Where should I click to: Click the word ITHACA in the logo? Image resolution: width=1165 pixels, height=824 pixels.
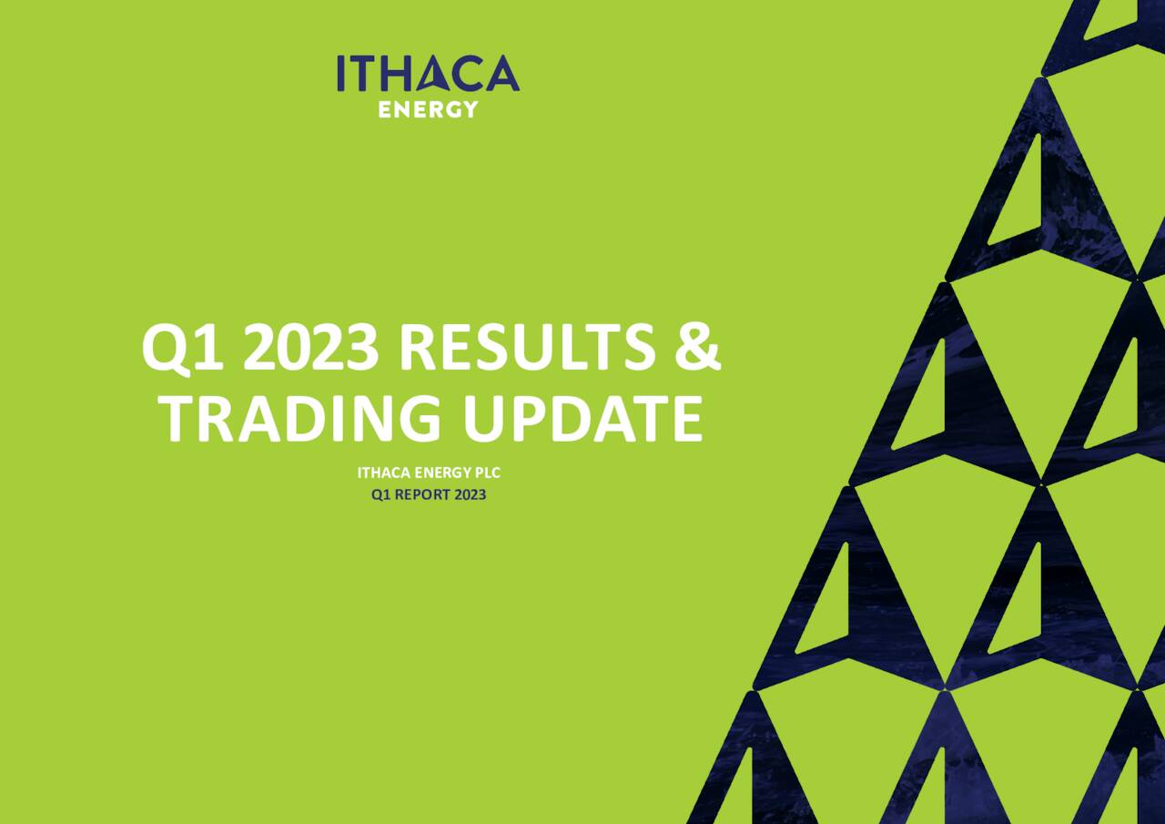(428, 74)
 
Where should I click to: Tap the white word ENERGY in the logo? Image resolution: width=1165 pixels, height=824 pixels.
(428, 110)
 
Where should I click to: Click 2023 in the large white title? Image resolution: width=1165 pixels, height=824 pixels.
(310, 350)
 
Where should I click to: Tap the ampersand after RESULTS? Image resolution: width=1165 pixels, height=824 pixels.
(698, 350)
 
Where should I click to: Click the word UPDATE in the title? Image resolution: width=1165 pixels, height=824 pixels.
(582, 419)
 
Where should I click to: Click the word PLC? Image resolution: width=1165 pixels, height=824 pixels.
(488, 473)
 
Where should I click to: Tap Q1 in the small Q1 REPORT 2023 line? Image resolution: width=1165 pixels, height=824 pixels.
(380, 495)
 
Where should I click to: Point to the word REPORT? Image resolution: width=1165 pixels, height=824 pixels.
(420, 495)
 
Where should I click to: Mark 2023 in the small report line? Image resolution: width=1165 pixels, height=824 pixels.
(470, 495)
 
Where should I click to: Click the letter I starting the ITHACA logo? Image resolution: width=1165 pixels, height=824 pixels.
(341, 74)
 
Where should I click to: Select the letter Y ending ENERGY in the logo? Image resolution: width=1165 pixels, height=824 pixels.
(470, 110)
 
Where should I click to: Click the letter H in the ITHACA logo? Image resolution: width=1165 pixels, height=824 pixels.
(390, 74)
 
